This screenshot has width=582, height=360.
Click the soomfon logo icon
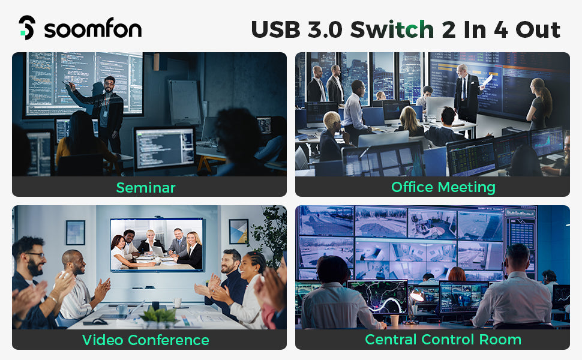[x=27, y=28]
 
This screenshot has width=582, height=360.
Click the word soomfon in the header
[x=93, y=29]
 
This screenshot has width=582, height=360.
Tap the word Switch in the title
[x=392, y=29]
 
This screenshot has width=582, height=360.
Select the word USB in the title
[x=275, y=29]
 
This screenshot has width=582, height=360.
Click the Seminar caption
[x=145, y=187]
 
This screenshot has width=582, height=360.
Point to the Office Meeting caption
[x=443, y=187]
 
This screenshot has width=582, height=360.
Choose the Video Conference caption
[x=145, y=340]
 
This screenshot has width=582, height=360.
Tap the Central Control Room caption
[x=443, y=340]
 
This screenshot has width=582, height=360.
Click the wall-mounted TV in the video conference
[x=157, y=245]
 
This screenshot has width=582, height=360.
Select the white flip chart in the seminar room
[x=184, y=102]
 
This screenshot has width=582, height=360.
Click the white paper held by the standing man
[x=487, y=79]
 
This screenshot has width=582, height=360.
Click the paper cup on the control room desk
[x=394, y=320]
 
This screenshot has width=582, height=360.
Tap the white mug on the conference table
[x=178, y=302]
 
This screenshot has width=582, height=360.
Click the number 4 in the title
[x=501, y=29]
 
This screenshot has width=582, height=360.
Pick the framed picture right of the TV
[x=238, y=231]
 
